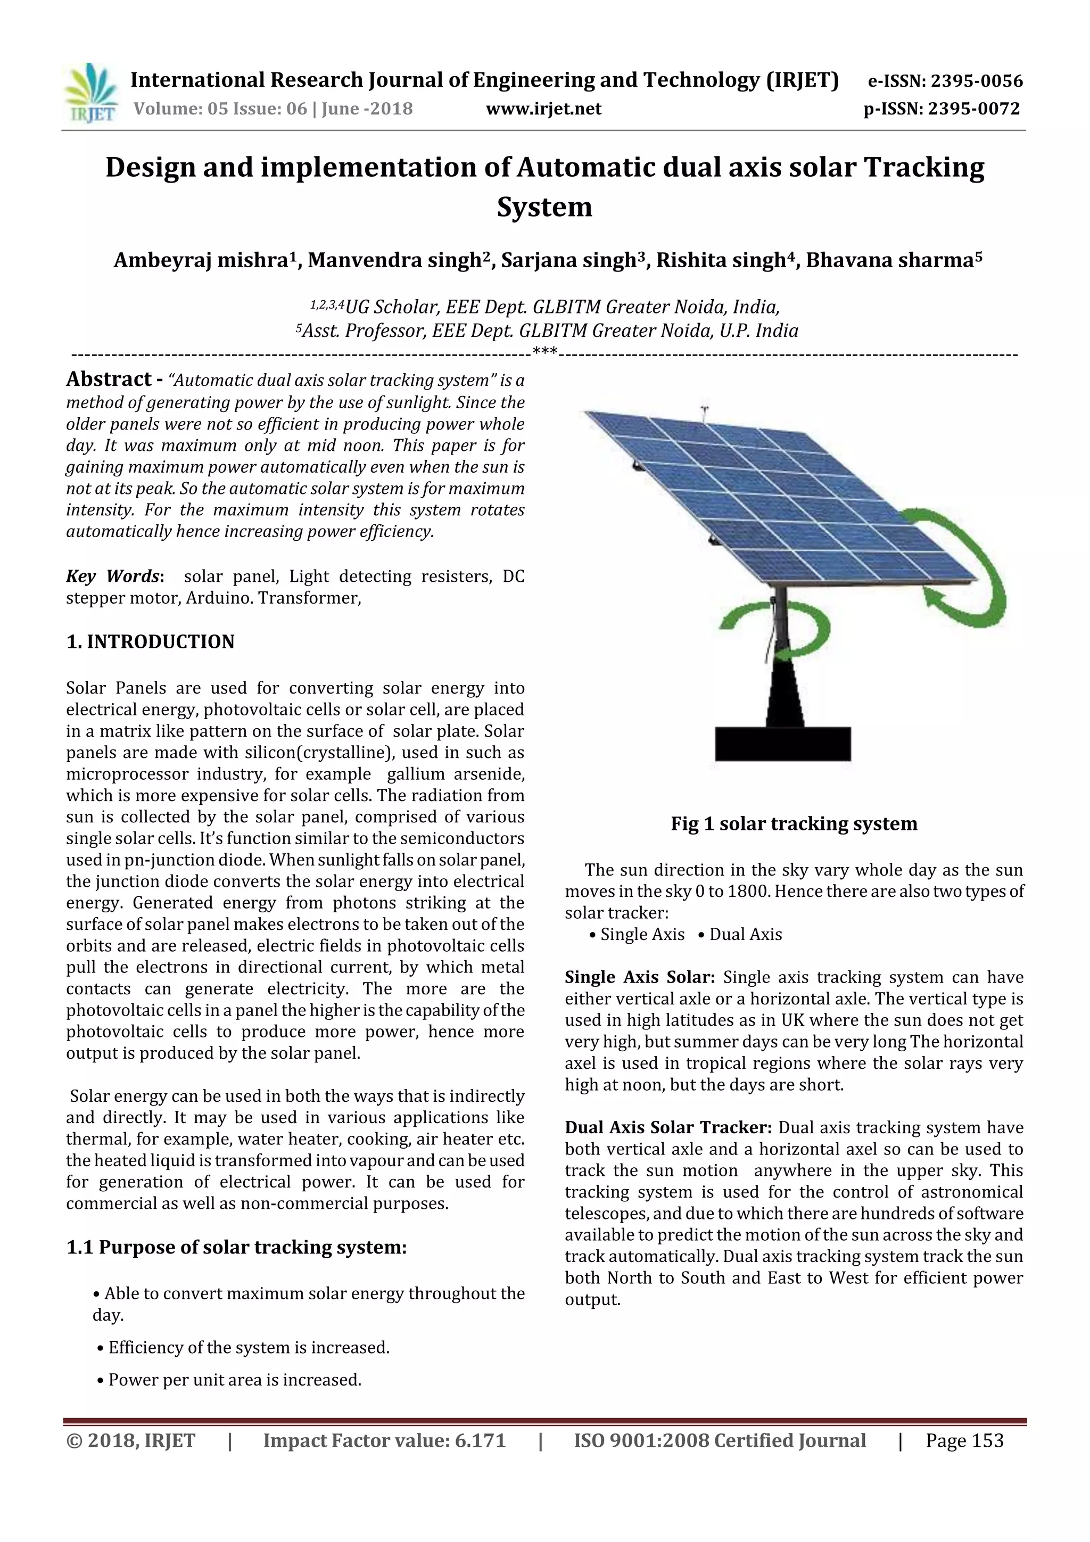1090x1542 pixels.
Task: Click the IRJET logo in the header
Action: coord(90,93)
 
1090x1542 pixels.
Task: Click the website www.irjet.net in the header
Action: coord(543,109)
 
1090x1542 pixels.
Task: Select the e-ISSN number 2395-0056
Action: coord(976,81)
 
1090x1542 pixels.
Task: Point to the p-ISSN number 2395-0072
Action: coord(974,109)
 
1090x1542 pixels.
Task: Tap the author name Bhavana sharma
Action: coord(890,261)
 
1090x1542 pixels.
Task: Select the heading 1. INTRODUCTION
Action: coord(151,642)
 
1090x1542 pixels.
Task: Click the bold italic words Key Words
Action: coord(113,576)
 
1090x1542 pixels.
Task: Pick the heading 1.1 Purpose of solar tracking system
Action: coord(236,1247)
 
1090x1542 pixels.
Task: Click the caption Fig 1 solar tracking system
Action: coord(794,824)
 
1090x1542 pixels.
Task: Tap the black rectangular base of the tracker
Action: coord(782,744)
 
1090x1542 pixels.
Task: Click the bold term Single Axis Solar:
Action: coord(639,977)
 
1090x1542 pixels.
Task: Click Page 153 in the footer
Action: coord(964,1440)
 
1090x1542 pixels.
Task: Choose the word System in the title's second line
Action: coord(544,207)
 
